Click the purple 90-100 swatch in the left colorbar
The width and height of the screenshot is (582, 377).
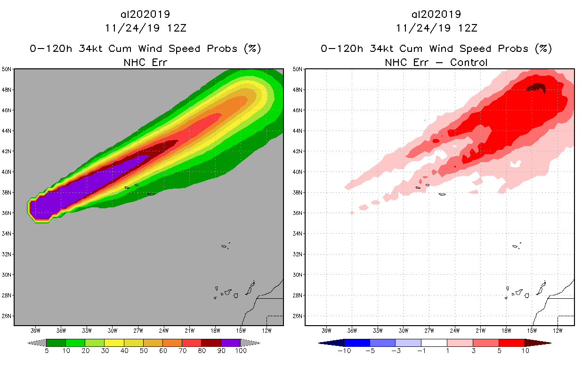(230, 343)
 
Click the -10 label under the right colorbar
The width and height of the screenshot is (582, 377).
(344, 351)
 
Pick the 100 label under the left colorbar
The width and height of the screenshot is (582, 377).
(241, 351)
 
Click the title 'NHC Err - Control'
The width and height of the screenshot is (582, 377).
(436, 62)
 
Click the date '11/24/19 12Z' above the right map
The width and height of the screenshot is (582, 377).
(436, 28)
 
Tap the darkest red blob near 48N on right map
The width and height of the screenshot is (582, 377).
(537, 87)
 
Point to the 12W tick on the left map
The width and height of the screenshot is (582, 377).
(267, 330)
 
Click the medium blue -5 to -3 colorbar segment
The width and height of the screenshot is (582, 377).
(383, 343)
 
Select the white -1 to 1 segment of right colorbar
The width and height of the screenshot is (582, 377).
(434, 343)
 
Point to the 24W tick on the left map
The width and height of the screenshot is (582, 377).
(164, 330)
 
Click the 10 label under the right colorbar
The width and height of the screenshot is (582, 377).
(525, 351)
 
